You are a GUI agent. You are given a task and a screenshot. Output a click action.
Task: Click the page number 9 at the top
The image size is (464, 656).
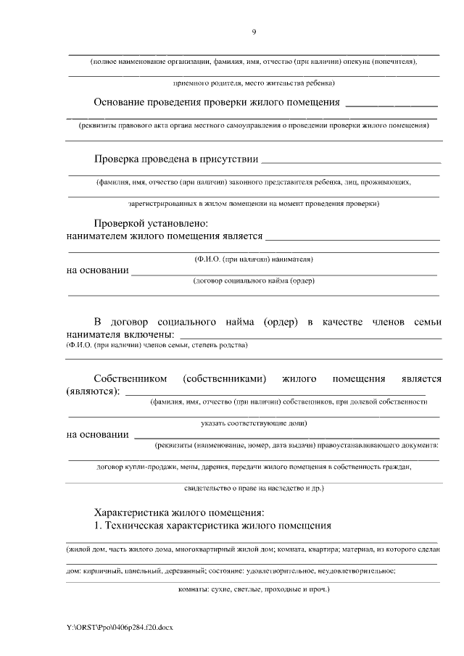click(x=254, y=31)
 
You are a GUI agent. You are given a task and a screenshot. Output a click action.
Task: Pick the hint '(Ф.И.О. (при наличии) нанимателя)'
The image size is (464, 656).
click(x=253, y=259)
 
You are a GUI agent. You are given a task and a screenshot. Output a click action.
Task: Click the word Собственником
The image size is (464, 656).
click(x=130, y=378)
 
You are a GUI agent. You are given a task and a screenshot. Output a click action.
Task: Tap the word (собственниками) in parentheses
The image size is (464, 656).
click(x=225, y=378)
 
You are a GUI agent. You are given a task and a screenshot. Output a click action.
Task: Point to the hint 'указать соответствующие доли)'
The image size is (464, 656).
click(x=253, y=423)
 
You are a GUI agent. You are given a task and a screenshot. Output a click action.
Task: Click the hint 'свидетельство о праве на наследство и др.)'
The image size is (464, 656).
click(x=253, y=489)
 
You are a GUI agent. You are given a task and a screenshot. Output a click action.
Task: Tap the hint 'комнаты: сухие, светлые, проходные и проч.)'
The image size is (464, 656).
click(x=253, y=589)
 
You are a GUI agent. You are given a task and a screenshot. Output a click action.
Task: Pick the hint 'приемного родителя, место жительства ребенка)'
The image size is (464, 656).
click(x=253, y=83)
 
